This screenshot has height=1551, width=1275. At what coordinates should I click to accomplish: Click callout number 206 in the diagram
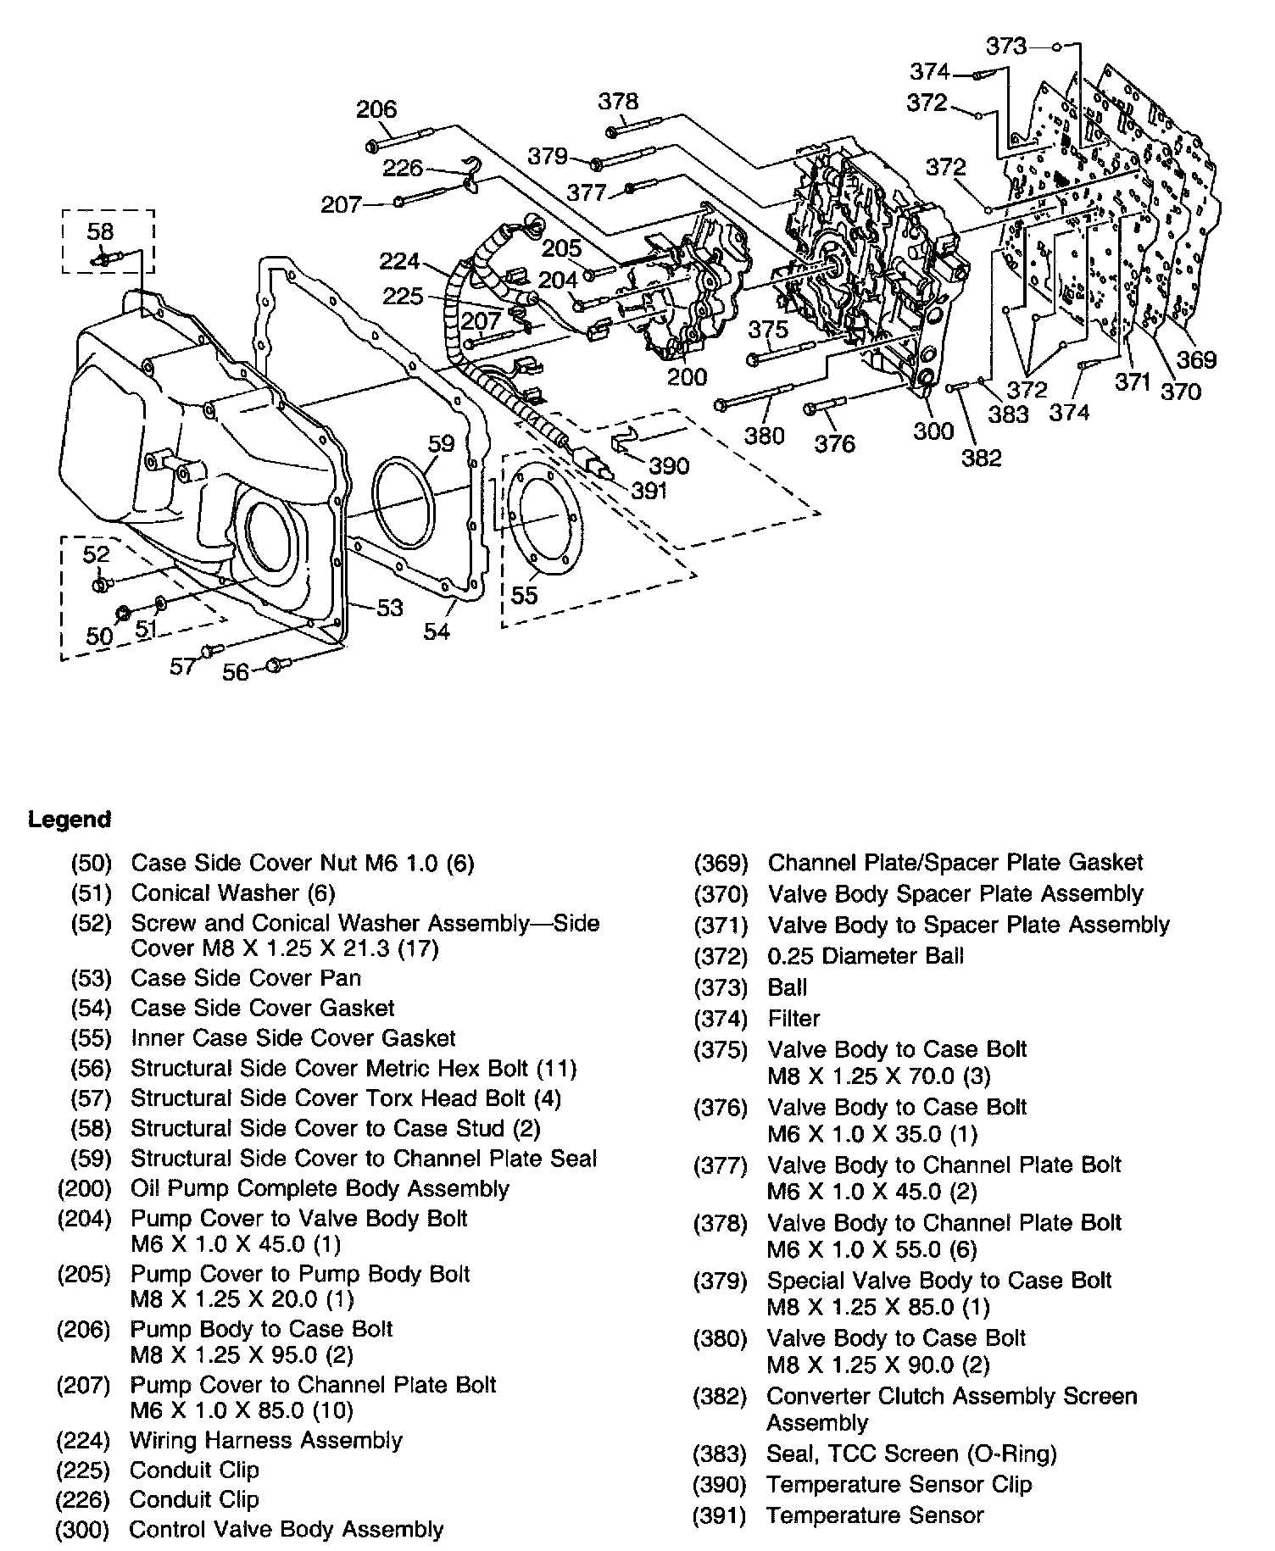[376, 109]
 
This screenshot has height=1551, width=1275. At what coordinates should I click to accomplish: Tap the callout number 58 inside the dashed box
[100, 231]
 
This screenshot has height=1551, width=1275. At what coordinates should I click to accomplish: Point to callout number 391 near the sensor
[649, 491]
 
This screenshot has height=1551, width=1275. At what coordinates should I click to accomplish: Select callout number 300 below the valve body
[933, 431]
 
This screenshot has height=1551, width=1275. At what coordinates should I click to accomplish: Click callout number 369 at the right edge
[1196, 359]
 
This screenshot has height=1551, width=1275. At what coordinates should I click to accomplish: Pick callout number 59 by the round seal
[441, 443]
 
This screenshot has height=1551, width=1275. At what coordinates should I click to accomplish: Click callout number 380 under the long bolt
[765, 436]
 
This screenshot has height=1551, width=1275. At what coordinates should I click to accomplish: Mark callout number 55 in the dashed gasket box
[525, 595]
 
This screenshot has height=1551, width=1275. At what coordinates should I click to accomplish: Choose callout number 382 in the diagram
[982, 458]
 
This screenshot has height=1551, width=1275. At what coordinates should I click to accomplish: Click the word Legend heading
[70, 820]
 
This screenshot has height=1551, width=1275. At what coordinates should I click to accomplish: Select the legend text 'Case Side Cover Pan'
[246, 978]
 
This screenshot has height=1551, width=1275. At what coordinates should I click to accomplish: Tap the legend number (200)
[84, 1188]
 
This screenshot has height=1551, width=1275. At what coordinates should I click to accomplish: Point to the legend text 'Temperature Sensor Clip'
[899, 1484]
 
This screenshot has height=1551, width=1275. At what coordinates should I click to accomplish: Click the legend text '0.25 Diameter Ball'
[866, 956]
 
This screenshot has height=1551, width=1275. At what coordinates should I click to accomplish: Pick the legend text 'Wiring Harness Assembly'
[266, 1440]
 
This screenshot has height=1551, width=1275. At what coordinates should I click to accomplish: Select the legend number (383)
[721, 1454]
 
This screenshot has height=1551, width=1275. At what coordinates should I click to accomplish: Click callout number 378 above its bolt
[618, 101]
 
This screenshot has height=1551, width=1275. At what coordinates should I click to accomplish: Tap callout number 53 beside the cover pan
[389, 608]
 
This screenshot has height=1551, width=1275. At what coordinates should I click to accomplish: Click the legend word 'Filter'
[794, 1018]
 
